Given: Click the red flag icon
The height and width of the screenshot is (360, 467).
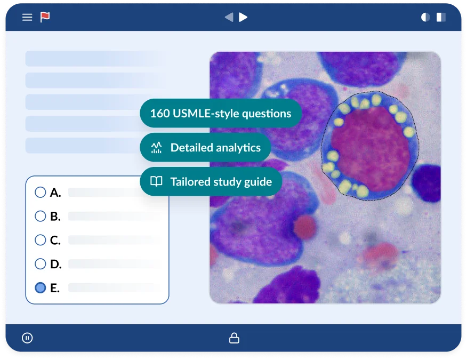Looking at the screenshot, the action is point(45,17).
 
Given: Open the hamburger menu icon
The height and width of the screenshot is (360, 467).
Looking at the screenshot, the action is point(27,17).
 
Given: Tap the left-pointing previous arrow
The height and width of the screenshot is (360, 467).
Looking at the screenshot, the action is point(229,17).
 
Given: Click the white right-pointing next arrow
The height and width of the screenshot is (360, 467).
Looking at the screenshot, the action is point(243,17).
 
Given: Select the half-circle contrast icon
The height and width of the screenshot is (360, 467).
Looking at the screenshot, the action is point(425,17).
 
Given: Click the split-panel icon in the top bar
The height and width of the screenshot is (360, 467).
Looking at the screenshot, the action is point(441,17).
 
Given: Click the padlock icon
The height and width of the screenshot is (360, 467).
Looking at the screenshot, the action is point(234,338).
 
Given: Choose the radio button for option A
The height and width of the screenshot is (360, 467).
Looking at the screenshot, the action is point(40,192).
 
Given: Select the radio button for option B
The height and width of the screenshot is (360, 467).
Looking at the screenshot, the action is point(40,216).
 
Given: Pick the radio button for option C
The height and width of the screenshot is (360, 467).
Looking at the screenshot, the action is point(40,240).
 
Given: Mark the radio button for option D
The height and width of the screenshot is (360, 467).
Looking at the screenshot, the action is point(40,264).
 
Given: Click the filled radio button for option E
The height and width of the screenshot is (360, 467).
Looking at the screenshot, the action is point(40,287).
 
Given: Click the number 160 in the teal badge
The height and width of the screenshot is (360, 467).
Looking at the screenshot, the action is point(160,114).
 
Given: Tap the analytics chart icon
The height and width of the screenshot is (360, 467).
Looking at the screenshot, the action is point(156,148).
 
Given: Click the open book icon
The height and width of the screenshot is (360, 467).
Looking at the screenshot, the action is point(156,181).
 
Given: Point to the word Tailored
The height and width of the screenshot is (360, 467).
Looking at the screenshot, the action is point(191,182).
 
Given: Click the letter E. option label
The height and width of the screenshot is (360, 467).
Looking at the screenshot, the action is point(55,288).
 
